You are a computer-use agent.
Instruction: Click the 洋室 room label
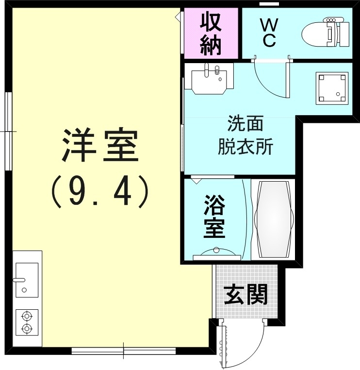point(100,146)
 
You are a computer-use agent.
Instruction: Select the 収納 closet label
point(211,33)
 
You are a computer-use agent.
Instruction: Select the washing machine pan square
point(332,88)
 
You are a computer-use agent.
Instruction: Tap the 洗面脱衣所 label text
point(245,135)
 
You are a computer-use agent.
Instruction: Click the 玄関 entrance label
point(246,294)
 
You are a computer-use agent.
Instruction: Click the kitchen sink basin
point(27,279)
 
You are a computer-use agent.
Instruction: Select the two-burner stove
point(27,322)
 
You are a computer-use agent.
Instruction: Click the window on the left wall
point(8,131)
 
